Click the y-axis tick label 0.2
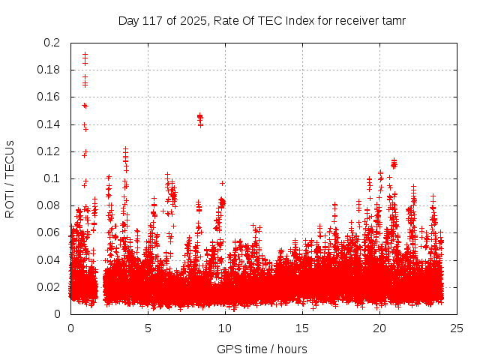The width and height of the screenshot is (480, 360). click(53, 43)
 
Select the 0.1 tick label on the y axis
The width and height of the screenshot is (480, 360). click(53, 178)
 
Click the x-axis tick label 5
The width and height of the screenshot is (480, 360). click(148, 328)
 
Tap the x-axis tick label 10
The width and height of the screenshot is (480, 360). click(225, 328)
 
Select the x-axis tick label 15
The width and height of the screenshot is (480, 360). click(302, 328)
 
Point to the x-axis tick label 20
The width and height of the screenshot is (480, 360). click(380, 328)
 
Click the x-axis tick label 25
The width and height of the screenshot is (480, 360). click(457, 328)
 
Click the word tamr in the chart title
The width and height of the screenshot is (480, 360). click(393, 20)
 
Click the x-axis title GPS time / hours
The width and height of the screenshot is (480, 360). click(262, 349)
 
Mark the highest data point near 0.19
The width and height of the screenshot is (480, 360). click(85, 54)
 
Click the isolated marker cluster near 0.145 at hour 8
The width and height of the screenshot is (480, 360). click(200, 117)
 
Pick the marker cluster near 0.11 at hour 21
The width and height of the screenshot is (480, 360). click(394, 163)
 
